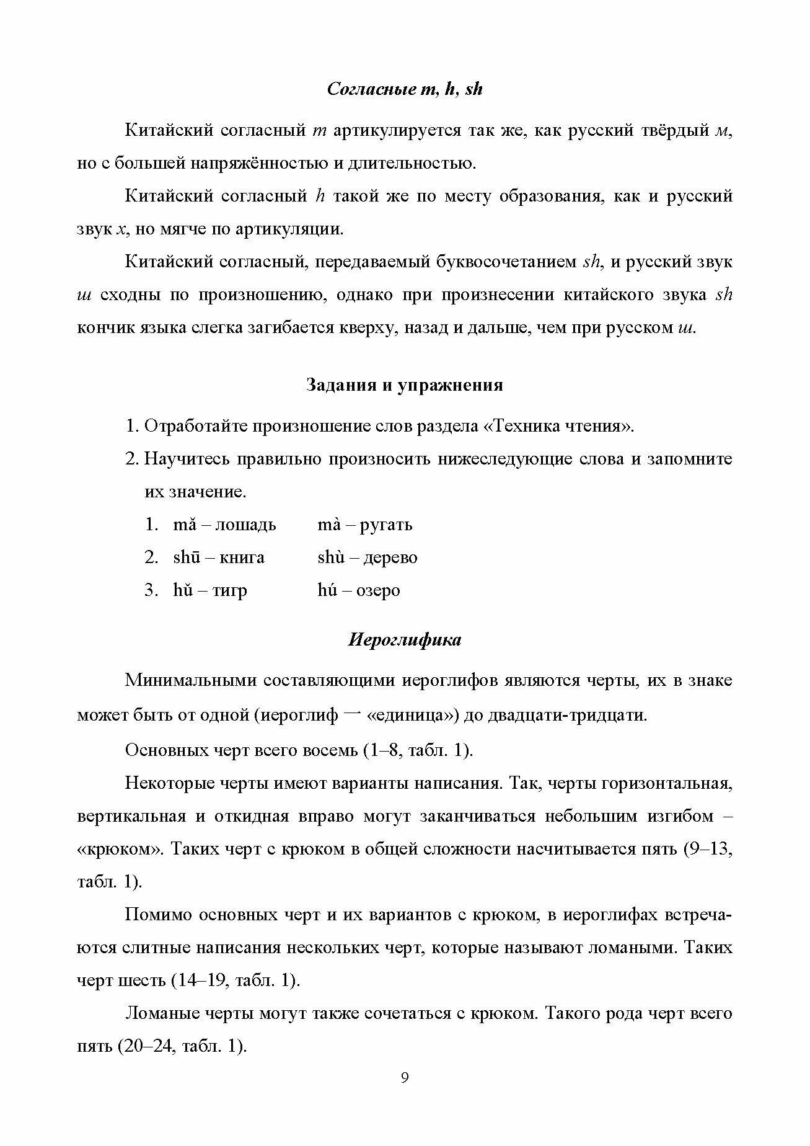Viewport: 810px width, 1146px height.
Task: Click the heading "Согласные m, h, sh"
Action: click(404, 89)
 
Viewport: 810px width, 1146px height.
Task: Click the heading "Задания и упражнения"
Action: click(404, 385)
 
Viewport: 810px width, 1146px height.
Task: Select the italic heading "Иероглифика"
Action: click(404, 640)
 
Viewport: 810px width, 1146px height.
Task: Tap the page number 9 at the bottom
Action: click(405, 1095)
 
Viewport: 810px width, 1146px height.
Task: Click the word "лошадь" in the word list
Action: click(246, 525)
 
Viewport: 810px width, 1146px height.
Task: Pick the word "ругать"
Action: click(386, 525)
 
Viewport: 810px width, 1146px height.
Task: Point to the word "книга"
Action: click(242, 557)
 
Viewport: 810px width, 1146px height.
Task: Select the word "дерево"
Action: click(390, 557)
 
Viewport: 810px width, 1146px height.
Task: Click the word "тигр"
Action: click(230, 590)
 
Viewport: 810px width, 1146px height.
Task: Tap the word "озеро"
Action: click(378, 590)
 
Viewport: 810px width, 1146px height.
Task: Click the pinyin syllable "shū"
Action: click(186, 557)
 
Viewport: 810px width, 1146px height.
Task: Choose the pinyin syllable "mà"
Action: click(328, 525)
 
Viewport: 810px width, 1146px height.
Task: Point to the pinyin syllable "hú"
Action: click(327, 590)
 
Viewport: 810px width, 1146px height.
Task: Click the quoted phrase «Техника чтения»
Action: click(558, 427)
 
